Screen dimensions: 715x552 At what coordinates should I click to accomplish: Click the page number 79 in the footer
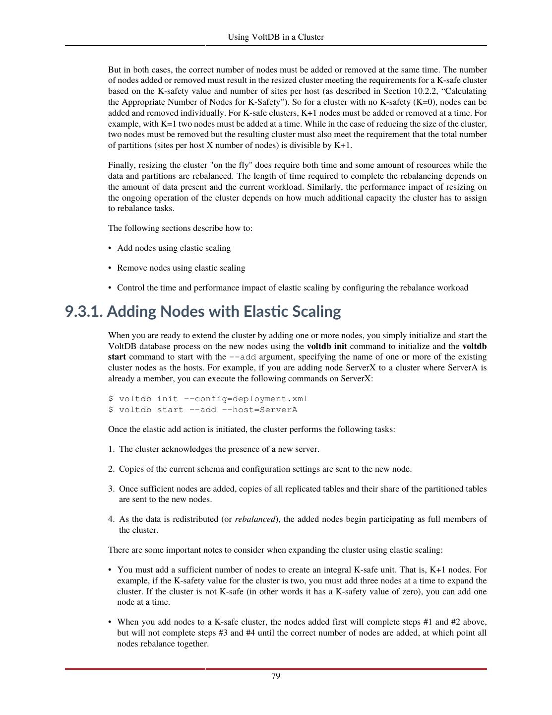(276, 676)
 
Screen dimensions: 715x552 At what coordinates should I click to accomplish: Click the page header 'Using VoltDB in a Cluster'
(276, 37)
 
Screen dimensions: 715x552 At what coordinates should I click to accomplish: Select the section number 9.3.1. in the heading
(84, 312)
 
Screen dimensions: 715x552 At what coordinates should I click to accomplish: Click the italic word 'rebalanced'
(255, 519)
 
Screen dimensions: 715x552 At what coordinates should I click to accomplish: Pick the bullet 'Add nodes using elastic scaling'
(174, 248)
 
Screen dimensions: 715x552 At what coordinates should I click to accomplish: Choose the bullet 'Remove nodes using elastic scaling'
(181, 268)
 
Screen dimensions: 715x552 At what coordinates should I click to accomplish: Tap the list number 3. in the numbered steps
(112, 489)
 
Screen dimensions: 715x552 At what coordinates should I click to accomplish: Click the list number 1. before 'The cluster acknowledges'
(112, 449)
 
